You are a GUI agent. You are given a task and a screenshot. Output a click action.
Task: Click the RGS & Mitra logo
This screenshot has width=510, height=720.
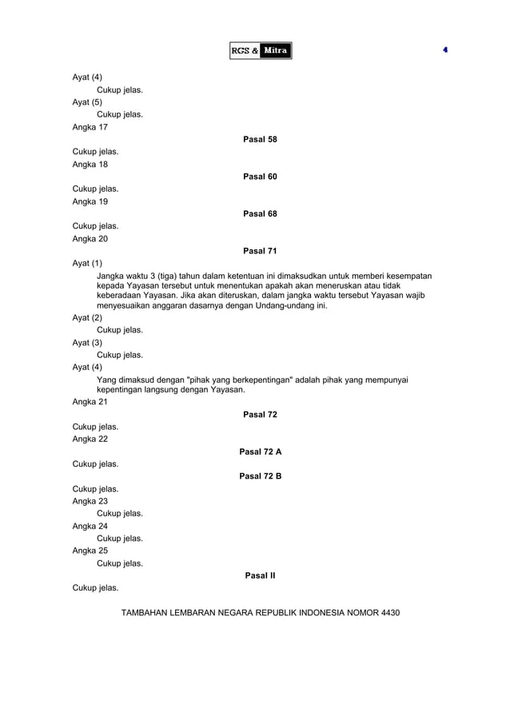point(260,50)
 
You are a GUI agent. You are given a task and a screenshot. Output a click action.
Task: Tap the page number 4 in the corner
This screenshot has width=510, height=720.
point(444,50)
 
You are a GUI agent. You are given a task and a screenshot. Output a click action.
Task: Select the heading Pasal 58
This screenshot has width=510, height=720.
point(260,139)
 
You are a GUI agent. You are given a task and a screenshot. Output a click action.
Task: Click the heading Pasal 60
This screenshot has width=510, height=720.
point(260,177)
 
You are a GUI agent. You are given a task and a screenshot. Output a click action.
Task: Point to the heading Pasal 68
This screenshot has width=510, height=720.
point(260,213)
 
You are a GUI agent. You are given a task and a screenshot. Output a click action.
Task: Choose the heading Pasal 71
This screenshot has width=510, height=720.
point(260,251)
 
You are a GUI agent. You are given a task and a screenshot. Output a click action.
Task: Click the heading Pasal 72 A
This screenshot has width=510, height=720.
point(260,451)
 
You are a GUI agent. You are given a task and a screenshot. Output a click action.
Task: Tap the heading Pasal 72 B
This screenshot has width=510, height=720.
point(260,476)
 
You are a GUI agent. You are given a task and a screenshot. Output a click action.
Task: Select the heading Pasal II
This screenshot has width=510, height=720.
point(260,575)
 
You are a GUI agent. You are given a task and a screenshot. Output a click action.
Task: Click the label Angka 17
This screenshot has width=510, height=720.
point(90,127)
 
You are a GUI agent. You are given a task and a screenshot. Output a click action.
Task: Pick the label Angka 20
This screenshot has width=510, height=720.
point(90,239)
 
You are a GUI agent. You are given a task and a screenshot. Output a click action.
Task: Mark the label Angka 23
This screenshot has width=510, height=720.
point(90,501)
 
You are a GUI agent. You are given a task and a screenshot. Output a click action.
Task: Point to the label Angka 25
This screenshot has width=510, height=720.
point(90,551)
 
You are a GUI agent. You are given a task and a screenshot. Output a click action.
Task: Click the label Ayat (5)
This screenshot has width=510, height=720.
point(87,102)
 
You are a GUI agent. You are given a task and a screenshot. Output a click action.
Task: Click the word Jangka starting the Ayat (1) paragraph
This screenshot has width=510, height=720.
point(112,276)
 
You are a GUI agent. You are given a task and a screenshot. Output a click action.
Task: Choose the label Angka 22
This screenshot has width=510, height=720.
point(90,439)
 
